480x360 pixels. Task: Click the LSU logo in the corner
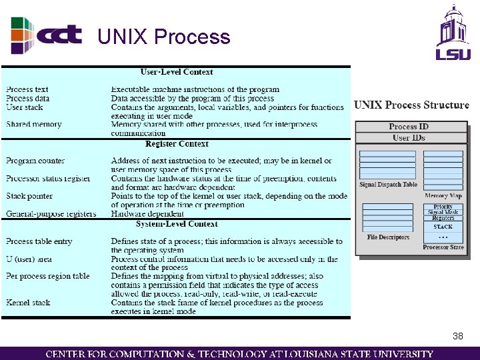tap(453, 33)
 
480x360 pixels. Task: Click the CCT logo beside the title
tap(47, 34)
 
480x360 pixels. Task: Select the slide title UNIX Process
tap(163, 37)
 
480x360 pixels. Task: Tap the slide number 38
tap(458, 336)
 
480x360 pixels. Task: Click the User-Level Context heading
tap(177, 72)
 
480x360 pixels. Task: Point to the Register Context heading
tap(177, 143)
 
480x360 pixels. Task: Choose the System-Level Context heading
tap(176, 224)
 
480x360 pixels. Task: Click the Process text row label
tap(27, 89)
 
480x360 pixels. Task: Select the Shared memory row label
tap(33, 124)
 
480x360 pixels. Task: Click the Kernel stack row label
tap(28, 303)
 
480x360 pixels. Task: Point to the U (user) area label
tap(29, 259)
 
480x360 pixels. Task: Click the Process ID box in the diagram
tap(409, 127)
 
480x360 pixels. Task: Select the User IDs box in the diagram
tap(409, 138)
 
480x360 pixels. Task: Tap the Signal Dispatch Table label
tap(388, 185)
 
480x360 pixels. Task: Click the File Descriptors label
tap(388, 237)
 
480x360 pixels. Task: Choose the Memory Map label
tap(443, 196)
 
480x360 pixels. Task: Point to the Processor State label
tap(443, 247)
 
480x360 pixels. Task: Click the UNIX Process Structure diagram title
tap(411, 105)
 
